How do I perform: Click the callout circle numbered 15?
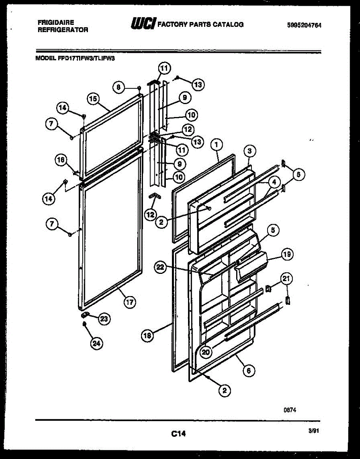click(92, 98)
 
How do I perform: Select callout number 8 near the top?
click(118, 87)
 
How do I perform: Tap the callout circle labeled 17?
click(130, 302)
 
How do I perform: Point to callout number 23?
click(104, 318)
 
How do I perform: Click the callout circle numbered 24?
click(96, 344)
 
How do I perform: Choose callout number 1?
click(217, 145)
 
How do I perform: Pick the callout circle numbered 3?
click(249, 151)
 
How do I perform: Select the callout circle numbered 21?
click(287, 279)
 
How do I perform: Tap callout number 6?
click(249, 370)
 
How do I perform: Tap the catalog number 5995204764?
click(304, 26)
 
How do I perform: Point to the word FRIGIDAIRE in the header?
click(56, 23)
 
